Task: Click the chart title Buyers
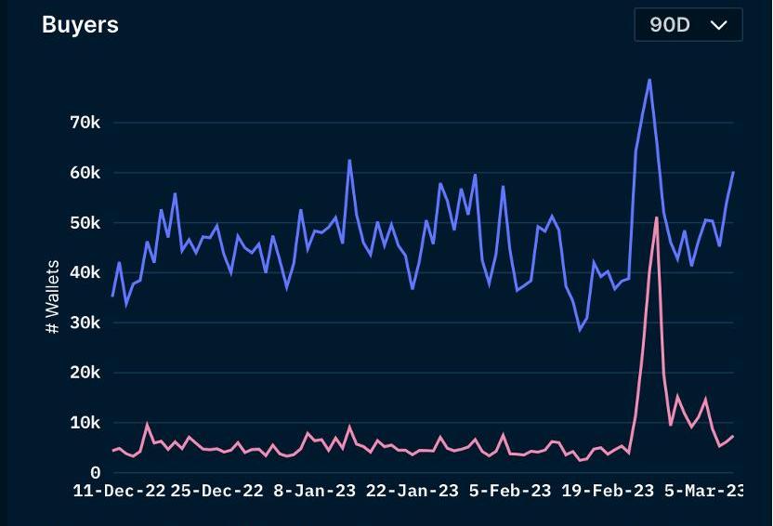tap(80, 25)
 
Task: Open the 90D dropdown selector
tap(688, 25)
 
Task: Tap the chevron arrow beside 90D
tap(718, 25)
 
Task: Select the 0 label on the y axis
tap(95, 473)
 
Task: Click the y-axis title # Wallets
tap(53, 297)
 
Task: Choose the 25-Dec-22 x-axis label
tap(217, 491)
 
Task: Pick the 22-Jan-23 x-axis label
tap(413, 491)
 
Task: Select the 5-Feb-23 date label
tap(510, 491)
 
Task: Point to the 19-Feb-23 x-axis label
tap(609, 491)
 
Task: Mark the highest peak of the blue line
tap(649, 80)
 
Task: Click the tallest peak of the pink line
tap(657, 217)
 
